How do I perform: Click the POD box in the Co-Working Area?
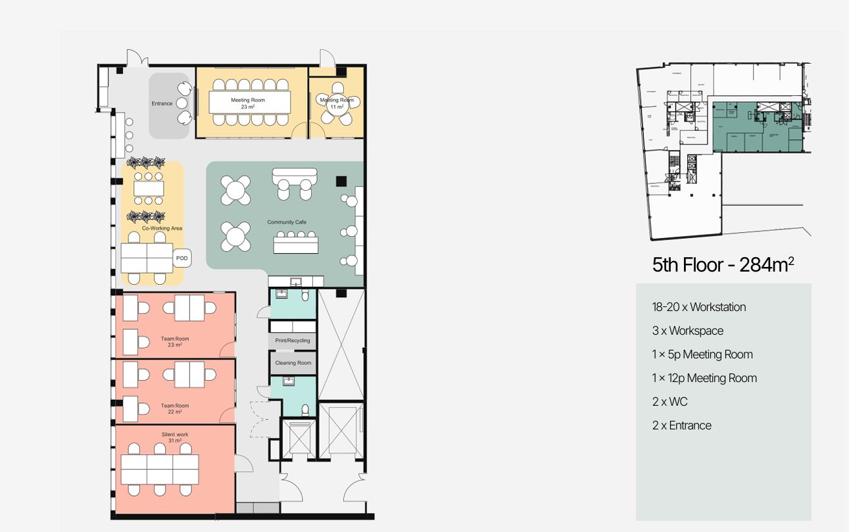pyautogui.click(x=182, y=258)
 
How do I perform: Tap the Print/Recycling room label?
pyautogui.click(x=293, y=341)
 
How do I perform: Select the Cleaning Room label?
pyautogui.click(x=293, y=363)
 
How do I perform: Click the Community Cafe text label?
pyautogui.click(x=287, y=222)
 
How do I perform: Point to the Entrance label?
pyautogui.click(x=162, y=103)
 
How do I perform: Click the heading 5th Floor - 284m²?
pyautogui.click(x=723, y=265)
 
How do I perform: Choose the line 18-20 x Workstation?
pyautogui.click(x=698, y=307)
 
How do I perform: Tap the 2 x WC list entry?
pyautogui.click(x=669, y=402)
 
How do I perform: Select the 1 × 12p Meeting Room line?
pyautogui.click(x=704, y=378)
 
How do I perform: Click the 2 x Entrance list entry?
pyautogui.click(x=681, y=425)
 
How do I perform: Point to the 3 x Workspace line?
pyautogui.click(x=687, y=331)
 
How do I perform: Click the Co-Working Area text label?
pyautogui.click(x=162, y=228)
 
